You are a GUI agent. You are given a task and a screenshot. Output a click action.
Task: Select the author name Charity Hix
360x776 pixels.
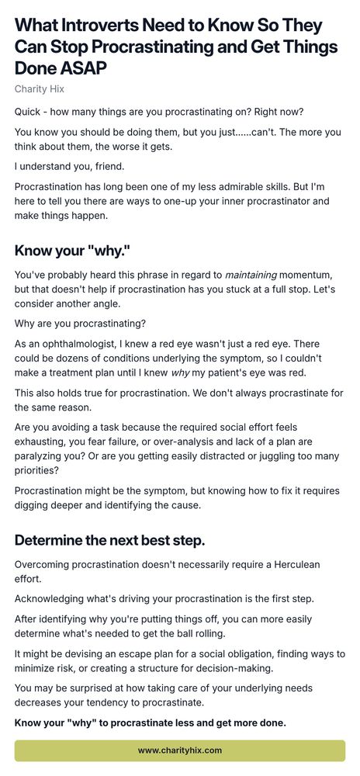[x=40, y=89]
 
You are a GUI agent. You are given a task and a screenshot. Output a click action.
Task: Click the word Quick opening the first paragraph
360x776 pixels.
[x=29, y=112]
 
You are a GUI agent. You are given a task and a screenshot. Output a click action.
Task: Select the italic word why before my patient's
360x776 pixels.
[x=202, y=371]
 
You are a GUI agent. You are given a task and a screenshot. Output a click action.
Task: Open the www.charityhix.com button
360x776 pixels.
[x=180, y=750]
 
